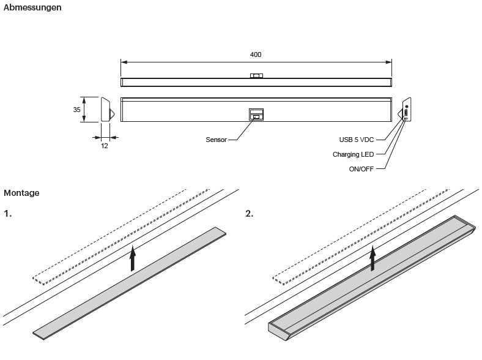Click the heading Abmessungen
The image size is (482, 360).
(x=32, y=8)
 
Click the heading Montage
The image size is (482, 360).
(x=21, y=193)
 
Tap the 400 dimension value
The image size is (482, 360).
(x=256, y=54)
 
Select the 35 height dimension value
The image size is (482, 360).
(x=76, y=110)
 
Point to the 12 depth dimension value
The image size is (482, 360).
(x=105, y=146)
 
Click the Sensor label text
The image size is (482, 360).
(x=216, y=140)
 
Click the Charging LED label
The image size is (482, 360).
(x=353, y=154)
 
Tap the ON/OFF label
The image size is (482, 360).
(x=361, y=169)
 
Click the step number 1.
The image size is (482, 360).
(x=7, y=214)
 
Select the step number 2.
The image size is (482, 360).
(x=249, y=214)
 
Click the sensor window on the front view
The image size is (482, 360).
(x=256, y=114)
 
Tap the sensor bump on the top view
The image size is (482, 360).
(x=256, y=76)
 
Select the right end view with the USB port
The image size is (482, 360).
(x=406, y=110)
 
